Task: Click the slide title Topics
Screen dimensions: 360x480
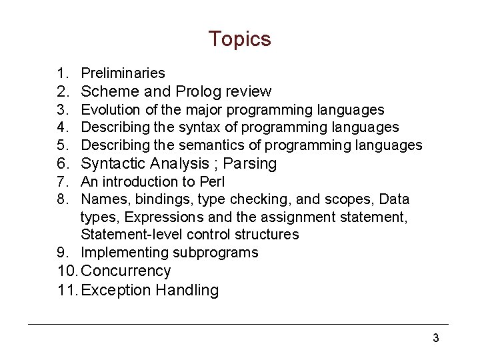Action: click(x=239, y=39)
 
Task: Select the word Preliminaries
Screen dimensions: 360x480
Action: click(x=123, y=73)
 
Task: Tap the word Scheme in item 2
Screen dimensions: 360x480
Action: click(x=109, y=91)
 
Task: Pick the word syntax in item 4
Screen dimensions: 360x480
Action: click(x=204, y=127)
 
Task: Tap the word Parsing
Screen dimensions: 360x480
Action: click(x=250, y=163)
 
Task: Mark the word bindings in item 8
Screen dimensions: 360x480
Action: click(x=151, y=199)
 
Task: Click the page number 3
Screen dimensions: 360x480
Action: click(x=435, y=338)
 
